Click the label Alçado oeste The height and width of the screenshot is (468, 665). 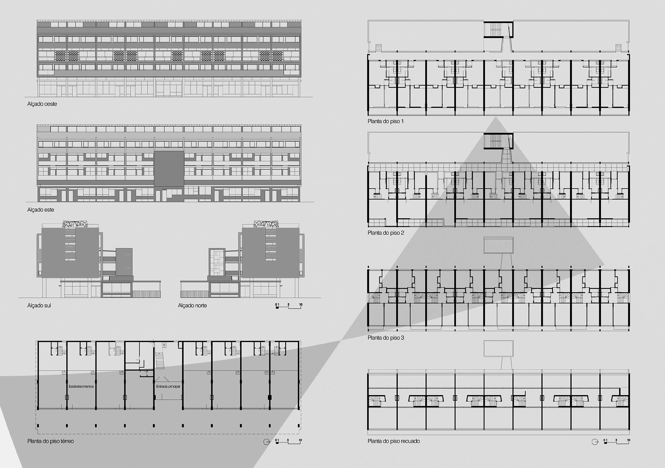(x=42, y=104)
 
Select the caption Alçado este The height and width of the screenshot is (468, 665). (x=41, y=210)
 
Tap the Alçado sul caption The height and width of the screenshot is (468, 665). (x=39, y=305)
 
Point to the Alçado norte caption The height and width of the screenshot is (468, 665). (x=192, y=305)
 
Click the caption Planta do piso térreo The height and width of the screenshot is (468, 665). (x=51, y=441)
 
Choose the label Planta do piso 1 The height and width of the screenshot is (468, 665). (x=385, y=121)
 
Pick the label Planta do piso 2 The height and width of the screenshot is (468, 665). (x=386, y=233)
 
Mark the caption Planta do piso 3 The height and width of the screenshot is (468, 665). (x=386, y=338)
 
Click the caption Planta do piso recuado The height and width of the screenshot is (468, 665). (x=394, y=441)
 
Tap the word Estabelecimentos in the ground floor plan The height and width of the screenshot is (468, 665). (x=81, y=387)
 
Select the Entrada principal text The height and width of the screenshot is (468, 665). (x=168, y=387)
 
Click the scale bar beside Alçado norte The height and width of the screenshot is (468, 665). (x=289, y=306)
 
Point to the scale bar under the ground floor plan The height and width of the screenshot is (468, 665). (x=289, y=441)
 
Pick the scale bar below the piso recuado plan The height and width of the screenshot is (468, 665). (x=617, y=441)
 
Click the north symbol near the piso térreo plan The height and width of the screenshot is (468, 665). (x=266, y=442)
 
